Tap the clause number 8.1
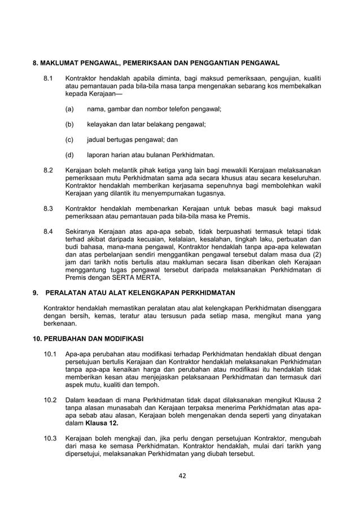click(x=49, y=77)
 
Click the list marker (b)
click(x=69, y=124)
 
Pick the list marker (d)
click(x=69, y=155)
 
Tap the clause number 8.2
click(x=49, y=170)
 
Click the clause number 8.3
click(x=49, y=208)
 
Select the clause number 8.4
click(x=49, y=232)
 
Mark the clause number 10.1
click(x=50, y=354)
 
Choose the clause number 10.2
click(x=50, y=400)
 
